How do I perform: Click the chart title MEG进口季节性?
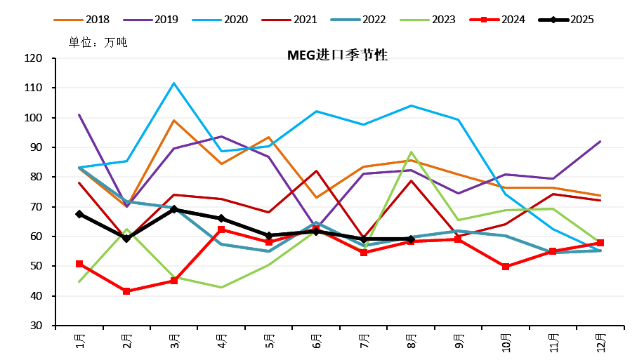click(338, 55)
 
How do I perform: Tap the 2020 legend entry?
click(235, 20)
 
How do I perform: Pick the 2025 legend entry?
click(581, 20)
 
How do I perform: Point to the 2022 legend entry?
click(374, 20)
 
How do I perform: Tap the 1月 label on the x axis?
click(80, 343)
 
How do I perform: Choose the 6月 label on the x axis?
click(316, 343)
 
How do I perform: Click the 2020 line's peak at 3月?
click(174, 84)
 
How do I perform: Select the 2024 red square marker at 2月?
click(126, 291)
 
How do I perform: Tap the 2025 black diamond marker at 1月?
click(79, 214)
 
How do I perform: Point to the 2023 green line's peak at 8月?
click(411, 152)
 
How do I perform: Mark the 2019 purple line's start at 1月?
click(79, 115)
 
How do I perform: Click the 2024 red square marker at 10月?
click(506, 267)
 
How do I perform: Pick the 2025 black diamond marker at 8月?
click(411, 239)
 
